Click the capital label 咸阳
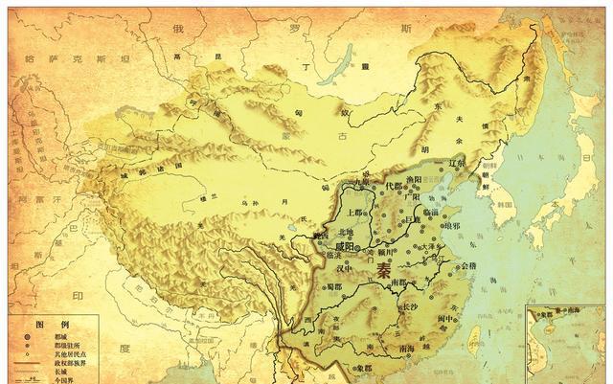click(337, 246)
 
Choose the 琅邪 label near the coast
click(447, 226)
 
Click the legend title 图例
click(42, 324)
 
